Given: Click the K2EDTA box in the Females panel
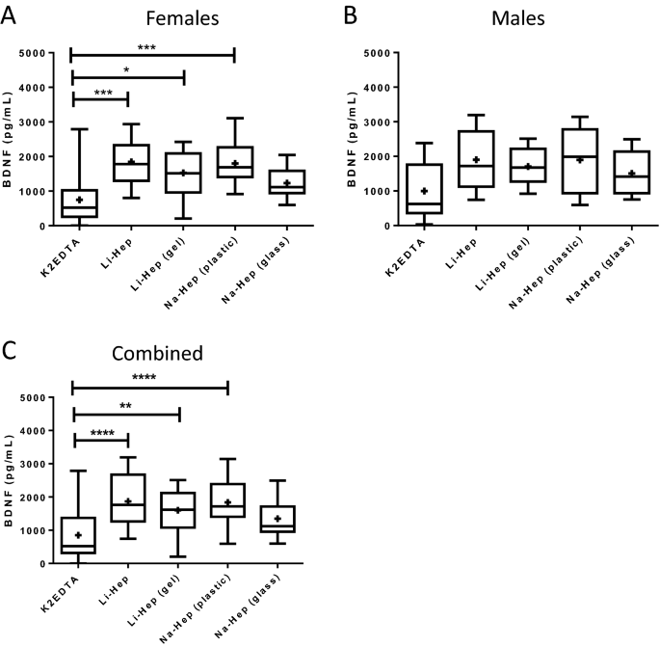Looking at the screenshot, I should point(72,203).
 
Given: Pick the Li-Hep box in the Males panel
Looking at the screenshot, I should point(475,159).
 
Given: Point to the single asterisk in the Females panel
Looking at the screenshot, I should point(126,69).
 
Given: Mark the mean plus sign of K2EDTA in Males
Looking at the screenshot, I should point(424,191).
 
